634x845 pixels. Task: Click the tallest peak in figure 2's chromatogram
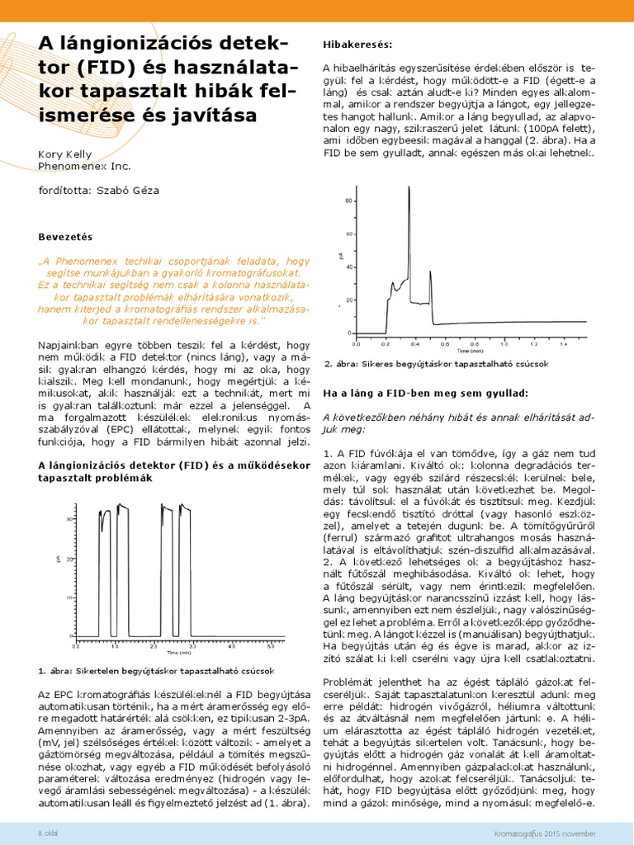point(409,189)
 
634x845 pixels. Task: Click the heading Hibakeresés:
point(357,42)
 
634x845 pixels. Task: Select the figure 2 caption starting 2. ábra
point(436,364)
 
